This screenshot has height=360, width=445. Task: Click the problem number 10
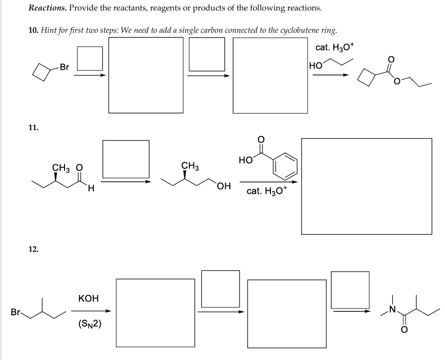coord(33,30)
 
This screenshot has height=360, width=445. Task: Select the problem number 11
coord(33,128)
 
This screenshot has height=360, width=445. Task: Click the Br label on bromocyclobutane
coord(64,67)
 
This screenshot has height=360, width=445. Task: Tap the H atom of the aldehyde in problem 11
coord(90,188)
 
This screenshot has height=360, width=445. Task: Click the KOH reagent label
coord(88,298)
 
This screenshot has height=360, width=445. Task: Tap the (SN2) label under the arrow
coord(90,324)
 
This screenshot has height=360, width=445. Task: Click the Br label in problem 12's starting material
coord(16,313)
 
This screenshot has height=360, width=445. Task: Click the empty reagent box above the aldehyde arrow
coord(126,158)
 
